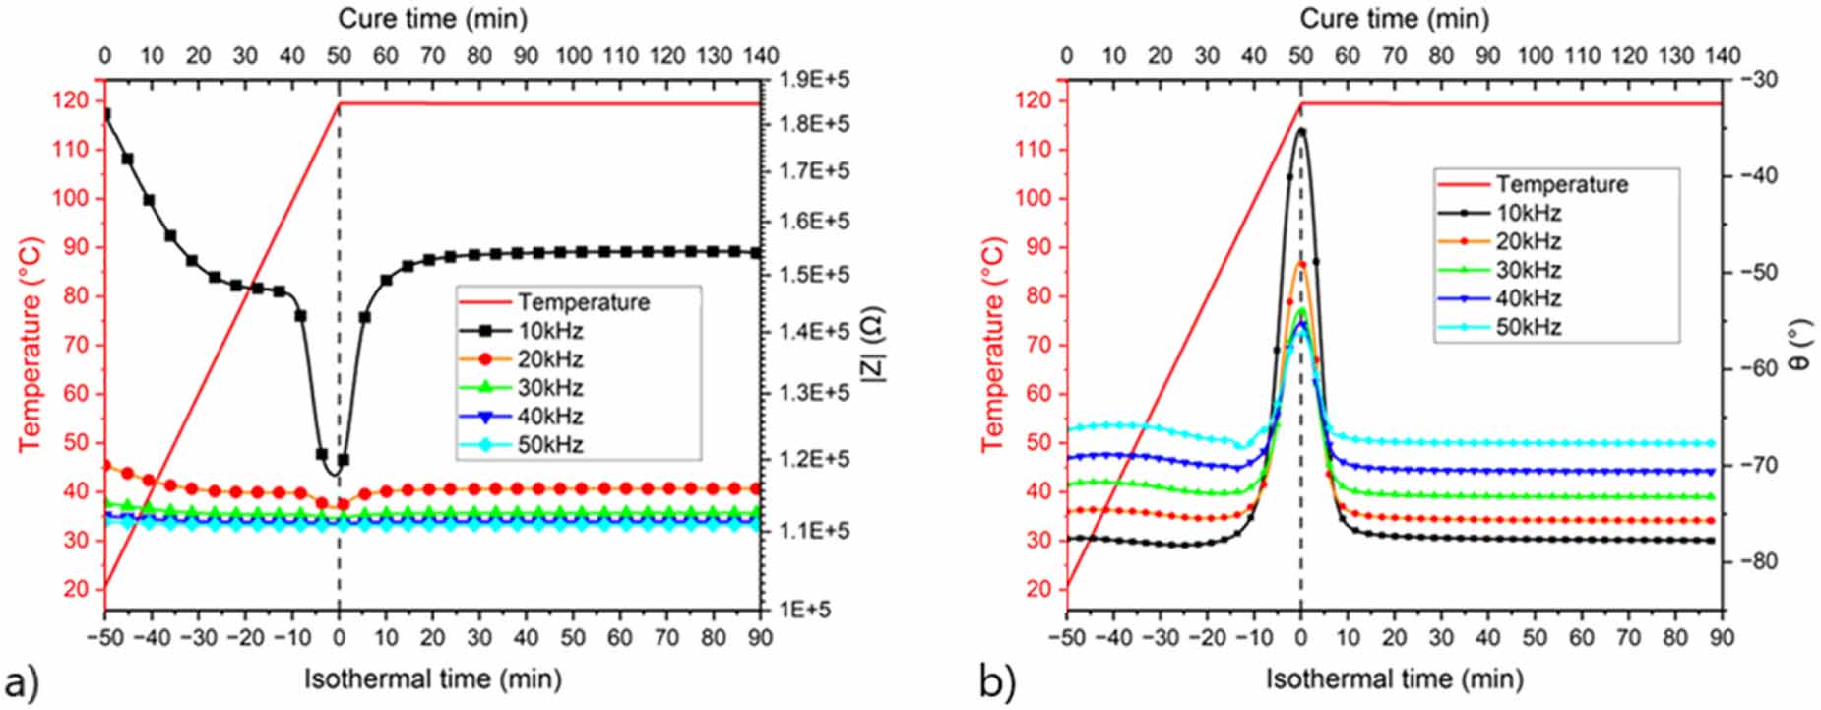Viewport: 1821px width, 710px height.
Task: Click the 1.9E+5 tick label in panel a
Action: click(x=814, y=78)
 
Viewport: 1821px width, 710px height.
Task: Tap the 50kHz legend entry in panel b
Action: click(x=1528, y=327)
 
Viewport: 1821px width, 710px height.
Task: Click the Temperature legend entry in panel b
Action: click(x=1561, y=184)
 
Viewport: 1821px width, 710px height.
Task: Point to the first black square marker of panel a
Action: click(x=105, y=115)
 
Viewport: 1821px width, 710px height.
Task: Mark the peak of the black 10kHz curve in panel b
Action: click(x=1301, y=129)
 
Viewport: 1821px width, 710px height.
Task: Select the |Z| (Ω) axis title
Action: click(x=873, y=345)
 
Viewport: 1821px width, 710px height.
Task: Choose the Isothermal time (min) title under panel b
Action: click(x=1394, y=678)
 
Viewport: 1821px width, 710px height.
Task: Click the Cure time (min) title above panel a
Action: click(x=432, y=18)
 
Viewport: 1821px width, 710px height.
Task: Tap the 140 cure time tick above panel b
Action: click(x=1721, y=55)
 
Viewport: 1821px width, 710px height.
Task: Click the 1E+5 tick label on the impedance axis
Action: click(x=804, y=609)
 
